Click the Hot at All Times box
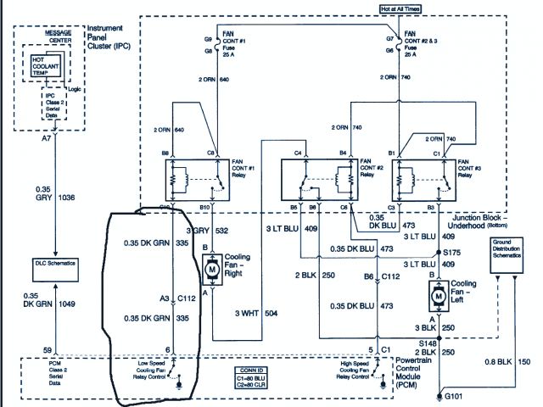[389, 9]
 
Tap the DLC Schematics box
[56, 264]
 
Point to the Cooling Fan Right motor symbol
[209, 265]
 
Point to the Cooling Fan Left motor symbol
[439, 294]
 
